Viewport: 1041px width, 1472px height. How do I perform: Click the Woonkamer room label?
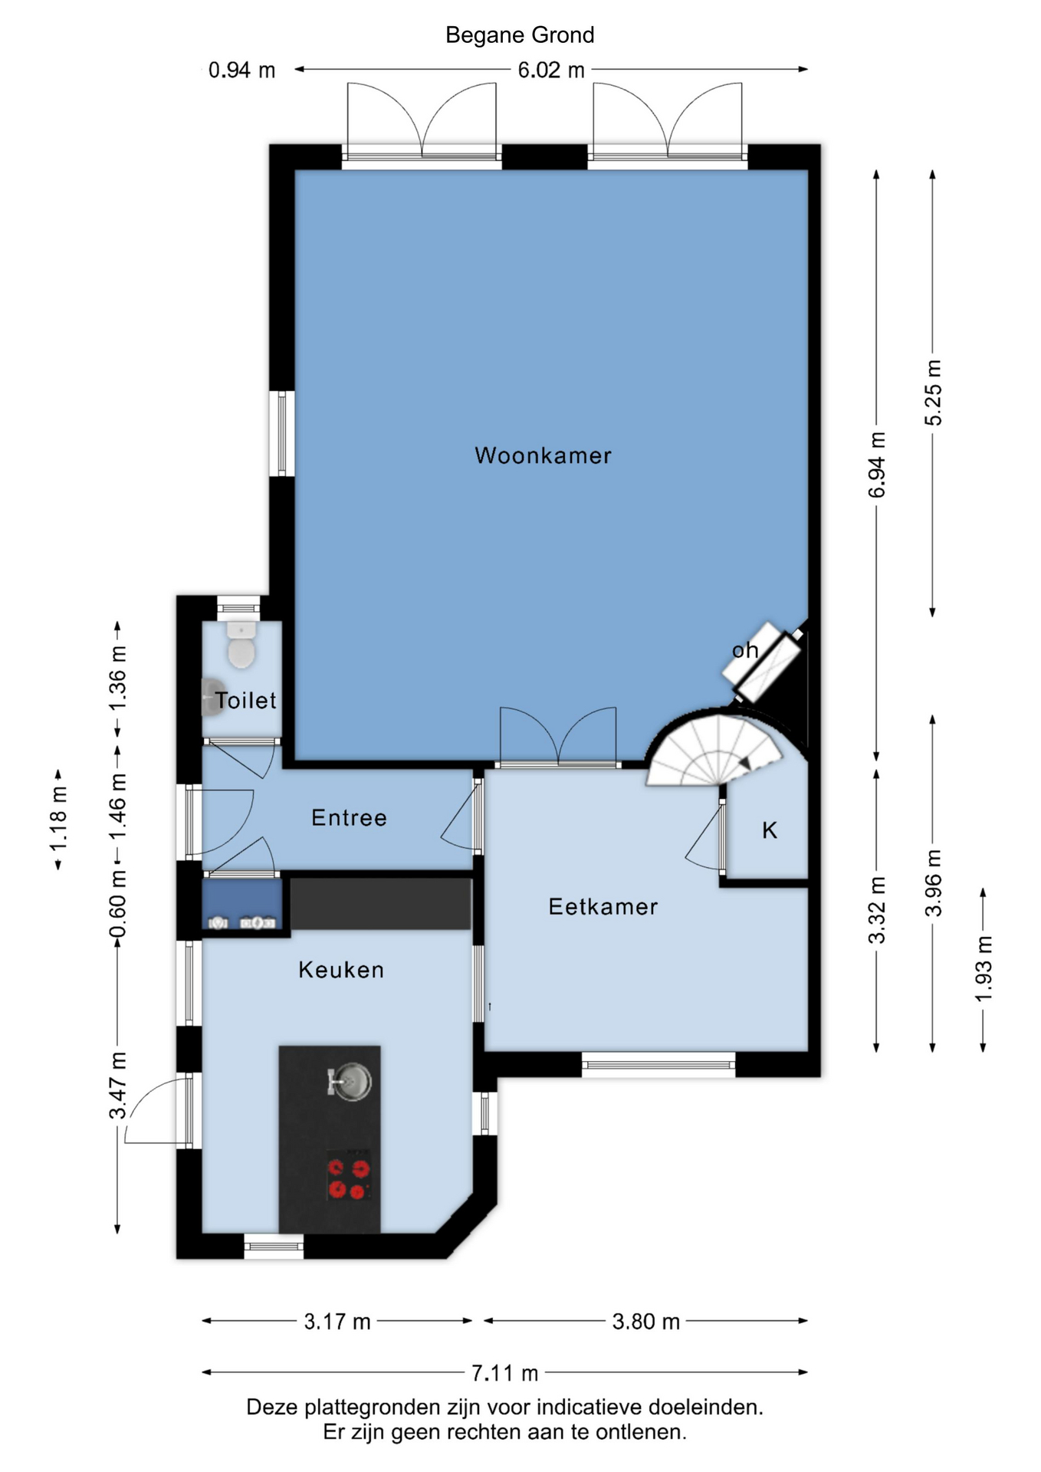tap(543, 455)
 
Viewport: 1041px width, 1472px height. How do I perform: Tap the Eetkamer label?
tap(603, 907)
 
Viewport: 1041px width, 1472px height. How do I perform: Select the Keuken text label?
tap(341, 970)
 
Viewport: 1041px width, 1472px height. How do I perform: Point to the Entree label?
tap(349, 818)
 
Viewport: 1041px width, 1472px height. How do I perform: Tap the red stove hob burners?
tap(349, 1179)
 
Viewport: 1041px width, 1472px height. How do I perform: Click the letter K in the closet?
tap(770, 830)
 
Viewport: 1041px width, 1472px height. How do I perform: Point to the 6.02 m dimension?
tap(551, 70)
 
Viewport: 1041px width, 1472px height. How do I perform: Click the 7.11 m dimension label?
tap(504, 1372)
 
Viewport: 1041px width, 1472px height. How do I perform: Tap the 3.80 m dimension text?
tap(646, 1321)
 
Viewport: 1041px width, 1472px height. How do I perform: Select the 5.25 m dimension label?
tap(933, 392)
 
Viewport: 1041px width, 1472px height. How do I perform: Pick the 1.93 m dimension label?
tap(984, 968)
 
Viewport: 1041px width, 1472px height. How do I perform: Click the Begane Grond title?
tap(520, 35)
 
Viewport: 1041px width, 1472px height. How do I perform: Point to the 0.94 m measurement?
tap(242, 71)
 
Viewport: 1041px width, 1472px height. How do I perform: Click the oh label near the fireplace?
tap(745, 650)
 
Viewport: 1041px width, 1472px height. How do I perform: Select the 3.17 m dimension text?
tap(337, 1321)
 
